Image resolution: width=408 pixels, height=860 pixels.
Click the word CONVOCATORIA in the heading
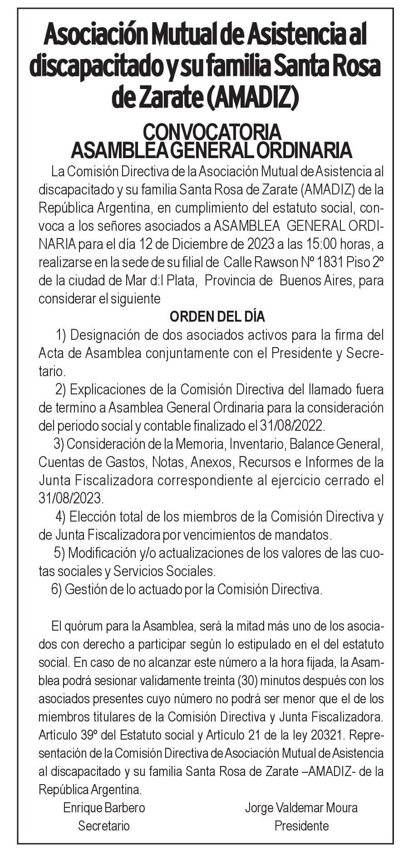[211, 132]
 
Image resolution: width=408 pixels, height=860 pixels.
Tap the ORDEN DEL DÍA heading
[217, 317]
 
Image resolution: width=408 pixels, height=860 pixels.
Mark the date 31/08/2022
[292, 426]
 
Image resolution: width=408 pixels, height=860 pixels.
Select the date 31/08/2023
[70, 498]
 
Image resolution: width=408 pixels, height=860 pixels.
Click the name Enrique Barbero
[104, 807]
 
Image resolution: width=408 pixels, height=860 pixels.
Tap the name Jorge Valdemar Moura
[301, 807]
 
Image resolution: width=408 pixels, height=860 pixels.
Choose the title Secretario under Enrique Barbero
[104, 825]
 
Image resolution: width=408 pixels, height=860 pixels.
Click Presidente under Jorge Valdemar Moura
[301, 825]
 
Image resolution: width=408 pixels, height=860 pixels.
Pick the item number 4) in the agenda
[61, 517]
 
